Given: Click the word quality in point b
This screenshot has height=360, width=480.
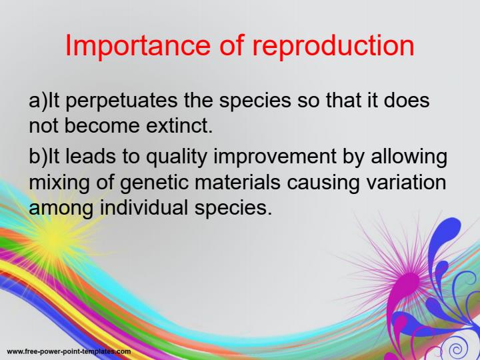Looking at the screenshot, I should [x=171, y=158].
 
